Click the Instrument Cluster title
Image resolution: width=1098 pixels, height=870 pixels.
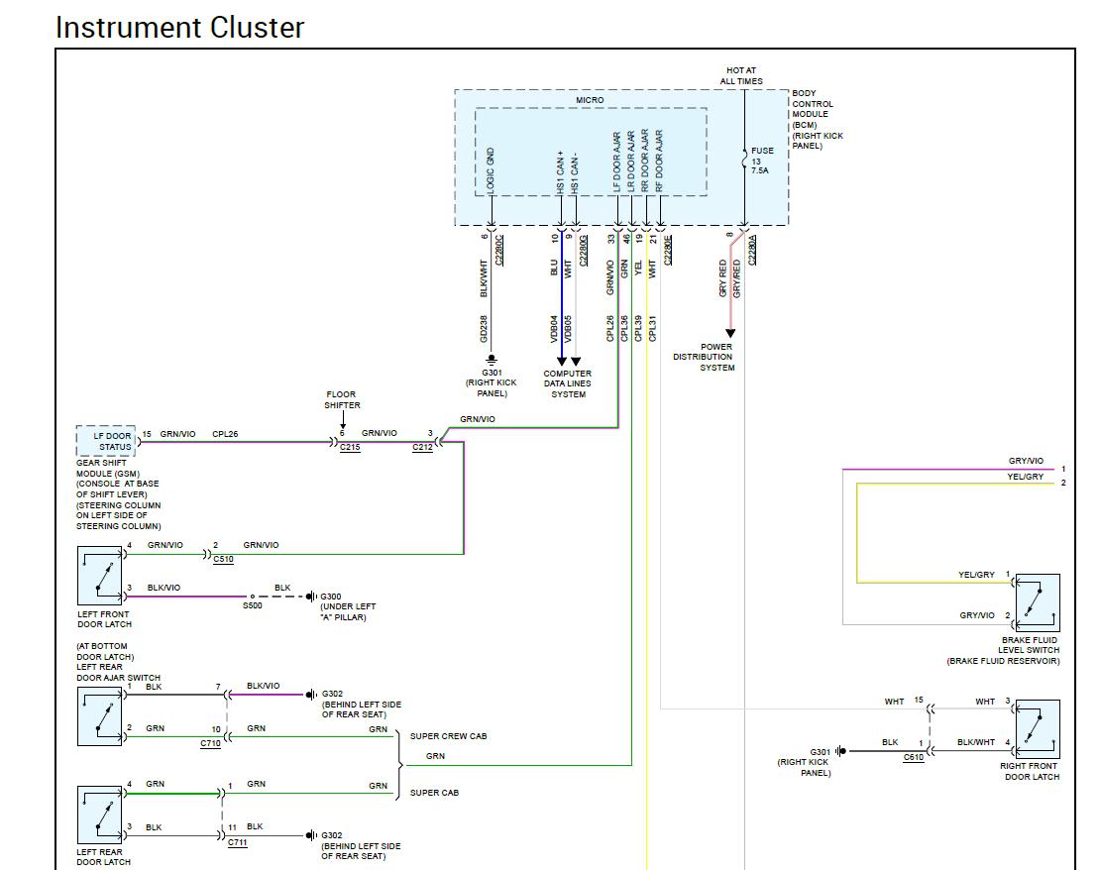pos(179,28)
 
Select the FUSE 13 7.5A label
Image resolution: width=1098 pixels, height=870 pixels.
pos(762,161)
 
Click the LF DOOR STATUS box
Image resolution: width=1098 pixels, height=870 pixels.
pos(106,441)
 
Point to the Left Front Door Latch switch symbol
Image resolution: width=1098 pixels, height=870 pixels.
pos(99,576)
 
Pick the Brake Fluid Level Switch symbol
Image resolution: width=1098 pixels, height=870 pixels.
pos(1038,602)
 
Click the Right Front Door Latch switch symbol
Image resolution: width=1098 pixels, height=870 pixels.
pos(1038,729)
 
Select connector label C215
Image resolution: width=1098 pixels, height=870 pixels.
pos(350,448)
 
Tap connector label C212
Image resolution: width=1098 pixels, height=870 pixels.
pos(423,448)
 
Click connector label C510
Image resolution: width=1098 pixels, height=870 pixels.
pos(223,559)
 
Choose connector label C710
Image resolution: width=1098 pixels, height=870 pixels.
pos(210,743)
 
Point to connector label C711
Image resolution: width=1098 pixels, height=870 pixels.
pos(237,842)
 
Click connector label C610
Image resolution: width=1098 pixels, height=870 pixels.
pos(913,757)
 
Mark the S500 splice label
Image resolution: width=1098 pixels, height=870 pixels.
pos(253,605)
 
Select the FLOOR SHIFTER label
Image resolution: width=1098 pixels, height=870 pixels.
pos(342,399)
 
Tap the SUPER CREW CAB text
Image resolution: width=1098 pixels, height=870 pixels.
pos(448,736)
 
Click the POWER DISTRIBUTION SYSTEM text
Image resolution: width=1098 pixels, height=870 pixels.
pos(703,357)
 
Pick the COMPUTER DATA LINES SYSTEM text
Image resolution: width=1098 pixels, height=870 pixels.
pos(568,383)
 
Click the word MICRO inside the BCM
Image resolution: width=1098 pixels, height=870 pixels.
pos(590,100)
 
